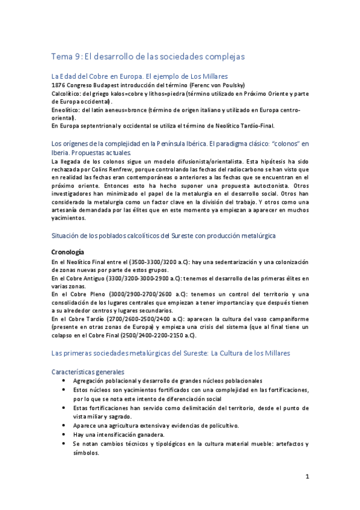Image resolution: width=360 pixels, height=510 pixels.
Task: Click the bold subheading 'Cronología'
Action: click(x=68, y=251)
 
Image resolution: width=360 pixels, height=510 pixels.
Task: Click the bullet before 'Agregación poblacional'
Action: click(x=64, y=381)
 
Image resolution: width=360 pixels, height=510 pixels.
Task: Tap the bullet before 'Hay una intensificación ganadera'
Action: click(x=64, y=434)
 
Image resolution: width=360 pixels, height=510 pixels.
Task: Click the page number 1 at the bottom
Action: click(x=307, y=478)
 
